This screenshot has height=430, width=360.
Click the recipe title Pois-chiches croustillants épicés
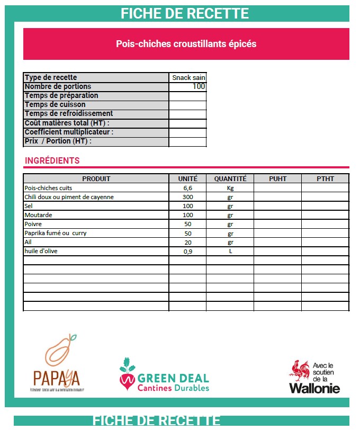click(186, 44)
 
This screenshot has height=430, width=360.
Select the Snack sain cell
click(188, 77)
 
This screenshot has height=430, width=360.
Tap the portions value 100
click(199, 86)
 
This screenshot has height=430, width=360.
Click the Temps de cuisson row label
click(55, 104)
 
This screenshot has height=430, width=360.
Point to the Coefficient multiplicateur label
click(69, 132)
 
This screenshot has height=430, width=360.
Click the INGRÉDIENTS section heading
click(52, 160)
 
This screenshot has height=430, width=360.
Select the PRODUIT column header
click(96, 178)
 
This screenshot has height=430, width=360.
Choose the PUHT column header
click(277, 178)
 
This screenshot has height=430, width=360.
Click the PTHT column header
click(325, 178)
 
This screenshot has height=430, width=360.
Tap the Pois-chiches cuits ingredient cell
click(48, 188)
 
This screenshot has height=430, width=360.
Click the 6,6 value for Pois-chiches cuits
click(187, 188)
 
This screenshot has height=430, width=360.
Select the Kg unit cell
click(230, 188)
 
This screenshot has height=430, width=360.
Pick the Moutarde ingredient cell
click(37, 215)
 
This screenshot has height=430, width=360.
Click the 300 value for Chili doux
click(187, 197)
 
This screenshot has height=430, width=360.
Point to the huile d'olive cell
click(41, 251)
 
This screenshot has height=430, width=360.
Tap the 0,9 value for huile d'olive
click(187, 251)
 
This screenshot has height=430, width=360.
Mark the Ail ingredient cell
click(29, 242)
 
